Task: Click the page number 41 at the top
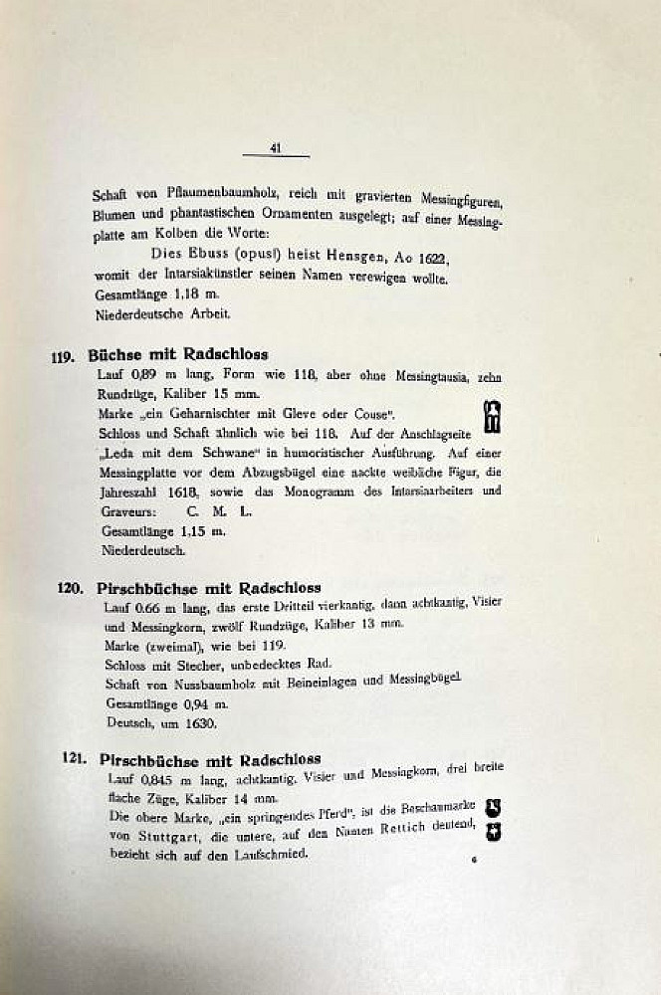pos(276,148)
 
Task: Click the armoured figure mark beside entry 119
pos(490,418)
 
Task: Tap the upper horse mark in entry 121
pos(492,806)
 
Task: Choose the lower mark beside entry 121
pos(492,828)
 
